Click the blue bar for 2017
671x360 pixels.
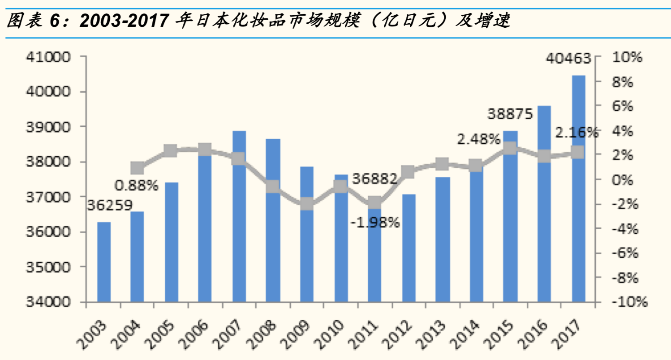(578, 188)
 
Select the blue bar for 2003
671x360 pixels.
(104, 262)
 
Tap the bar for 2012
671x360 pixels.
(409, 248)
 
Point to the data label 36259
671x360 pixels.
(110, 205)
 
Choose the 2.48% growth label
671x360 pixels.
(478, 139)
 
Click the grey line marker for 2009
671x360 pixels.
(307, 204)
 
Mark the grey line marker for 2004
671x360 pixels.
(138, 168)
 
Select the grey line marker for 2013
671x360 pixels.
(443, 164)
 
